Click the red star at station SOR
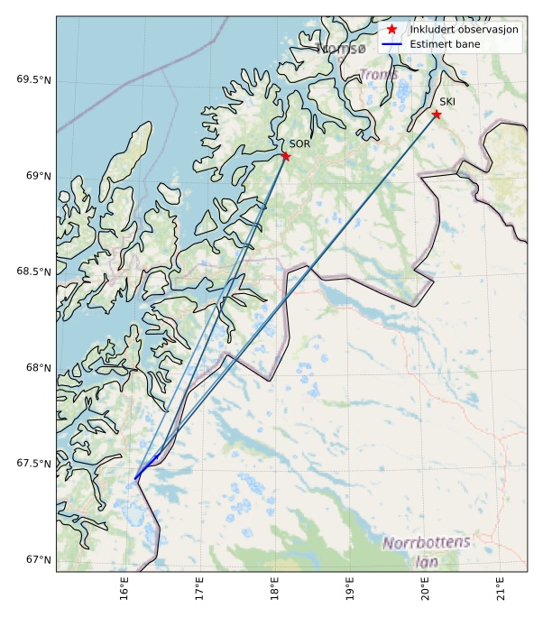point(285,156)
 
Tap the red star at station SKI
point(436,115)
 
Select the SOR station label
point(299,143)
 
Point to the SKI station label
point(447,102)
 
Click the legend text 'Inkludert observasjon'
point(464,29)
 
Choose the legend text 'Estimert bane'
point(445,44)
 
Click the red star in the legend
point(391,29)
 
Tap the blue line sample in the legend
point(391,44)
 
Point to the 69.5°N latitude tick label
point(33,79)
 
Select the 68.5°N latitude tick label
point(33,272)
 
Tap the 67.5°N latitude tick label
point(33,464)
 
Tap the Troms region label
point(379,75)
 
